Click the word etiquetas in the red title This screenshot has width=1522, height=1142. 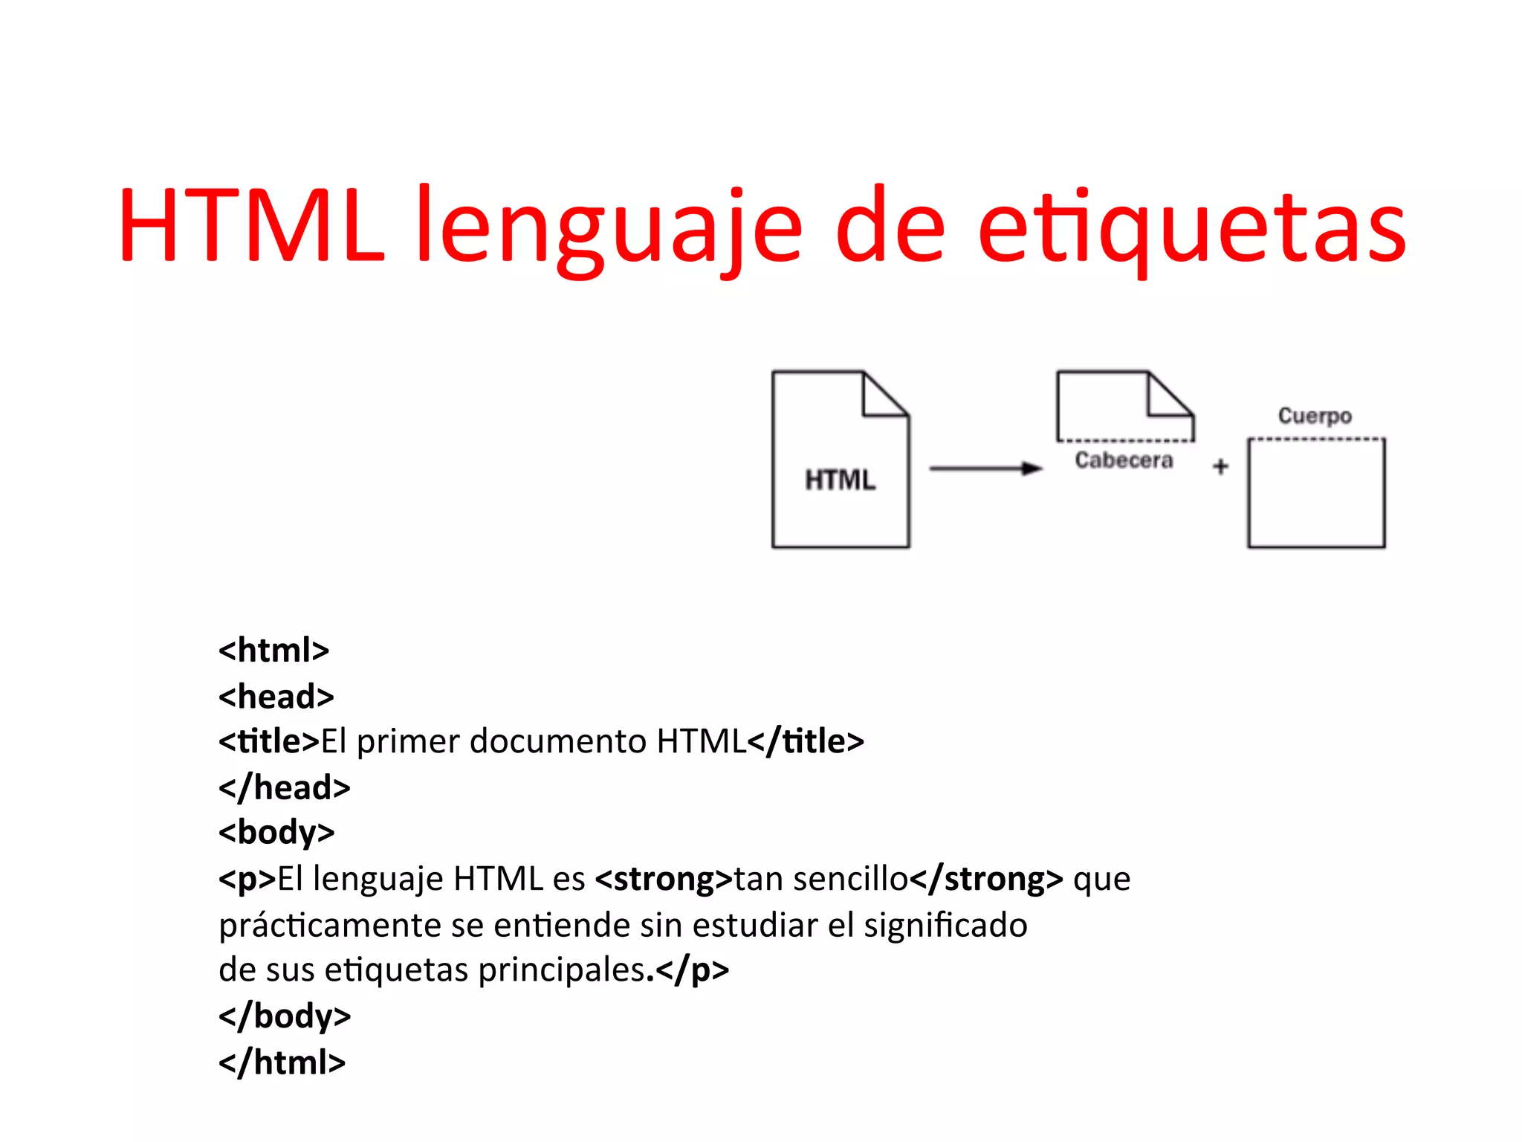tap(1191, 227)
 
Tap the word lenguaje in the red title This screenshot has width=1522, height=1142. tap(609, 227)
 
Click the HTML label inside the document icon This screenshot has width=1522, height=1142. tap(840, 480)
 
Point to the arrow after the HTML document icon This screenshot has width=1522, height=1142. tap(985, 468)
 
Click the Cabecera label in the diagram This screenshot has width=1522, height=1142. tap(1124, 460)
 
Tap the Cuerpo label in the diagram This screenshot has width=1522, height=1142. tap(1314, 416)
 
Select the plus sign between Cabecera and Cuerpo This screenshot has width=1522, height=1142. tap(1220, 467)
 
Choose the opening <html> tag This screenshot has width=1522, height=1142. tap(273, 651)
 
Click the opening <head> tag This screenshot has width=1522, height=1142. tap(276, 697)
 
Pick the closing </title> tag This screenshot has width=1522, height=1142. tap(806, 741)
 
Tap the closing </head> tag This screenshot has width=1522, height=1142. tap(284, 787)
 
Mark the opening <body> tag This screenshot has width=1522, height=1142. tap(276, 833)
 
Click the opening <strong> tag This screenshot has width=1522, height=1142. tap(664, 879)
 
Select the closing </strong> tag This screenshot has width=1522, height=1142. tap(986, 879)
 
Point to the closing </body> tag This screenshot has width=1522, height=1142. tap(284, 1016)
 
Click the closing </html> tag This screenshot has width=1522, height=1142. tap(282, 1062)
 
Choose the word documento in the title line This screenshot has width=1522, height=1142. tap(557, 741)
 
